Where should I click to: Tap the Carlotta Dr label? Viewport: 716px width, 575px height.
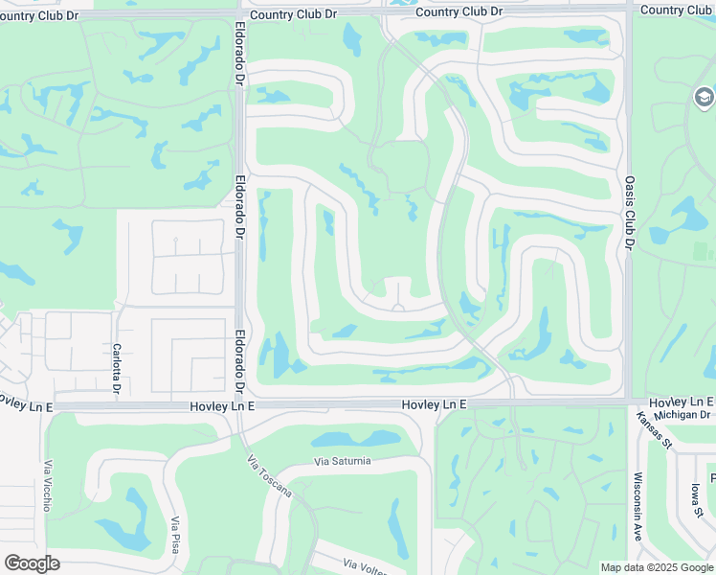click(116, 368)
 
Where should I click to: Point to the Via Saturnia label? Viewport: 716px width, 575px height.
click(343, 461)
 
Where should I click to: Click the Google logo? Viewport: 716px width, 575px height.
click(32, 563)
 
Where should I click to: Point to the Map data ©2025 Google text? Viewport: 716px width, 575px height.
click(657, 567)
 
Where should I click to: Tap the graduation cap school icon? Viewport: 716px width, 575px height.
click(704, 97)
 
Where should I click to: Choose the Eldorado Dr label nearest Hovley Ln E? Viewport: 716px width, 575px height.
click(239, 365)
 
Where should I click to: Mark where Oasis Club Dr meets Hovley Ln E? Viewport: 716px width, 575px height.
click(629, 402)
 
